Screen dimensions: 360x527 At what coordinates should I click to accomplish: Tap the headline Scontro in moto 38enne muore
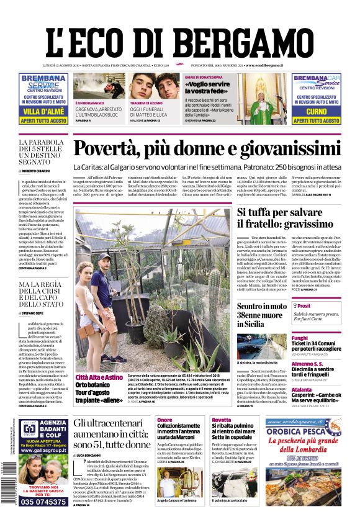tap(262, 315)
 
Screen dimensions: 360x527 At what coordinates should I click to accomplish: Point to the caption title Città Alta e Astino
tap(99, 377)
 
